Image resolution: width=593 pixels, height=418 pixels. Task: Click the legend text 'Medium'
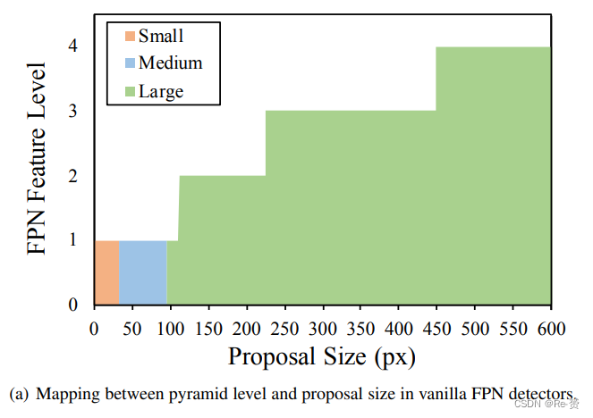click(170, 63)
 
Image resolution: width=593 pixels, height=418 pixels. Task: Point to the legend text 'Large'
click(161, 91)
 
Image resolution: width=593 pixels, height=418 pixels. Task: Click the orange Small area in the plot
click(106, 272)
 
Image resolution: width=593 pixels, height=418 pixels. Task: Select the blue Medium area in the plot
click(143, 272)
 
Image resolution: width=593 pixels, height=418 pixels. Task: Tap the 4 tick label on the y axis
click(74, 46)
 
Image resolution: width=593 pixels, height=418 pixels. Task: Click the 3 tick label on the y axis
click(74, 111)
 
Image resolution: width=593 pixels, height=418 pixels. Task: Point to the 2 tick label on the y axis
click(74, 176)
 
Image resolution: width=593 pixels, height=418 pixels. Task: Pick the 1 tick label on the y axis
click(74, 240)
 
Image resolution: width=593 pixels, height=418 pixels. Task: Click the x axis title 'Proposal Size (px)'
click(322, 357)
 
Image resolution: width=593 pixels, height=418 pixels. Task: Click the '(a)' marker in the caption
click(18, 394)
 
